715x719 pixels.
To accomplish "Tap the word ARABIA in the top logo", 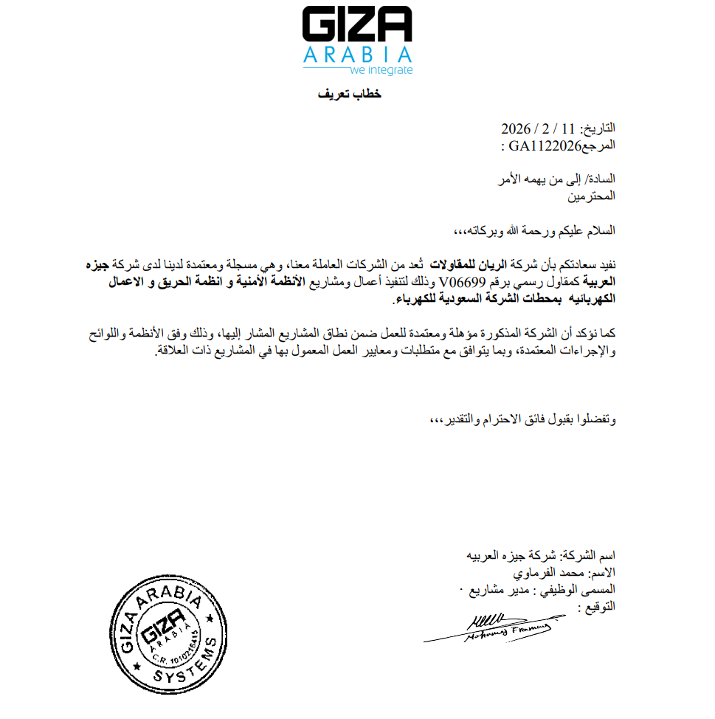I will [x=357, y=55].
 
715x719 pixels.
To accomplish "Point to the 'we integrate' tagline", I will [x=381, y=71].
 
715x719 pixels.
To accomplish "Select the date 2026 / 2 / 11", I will [x=537, y=128].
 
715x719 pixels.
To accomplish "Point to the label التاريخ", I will [x=599, y=128].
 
